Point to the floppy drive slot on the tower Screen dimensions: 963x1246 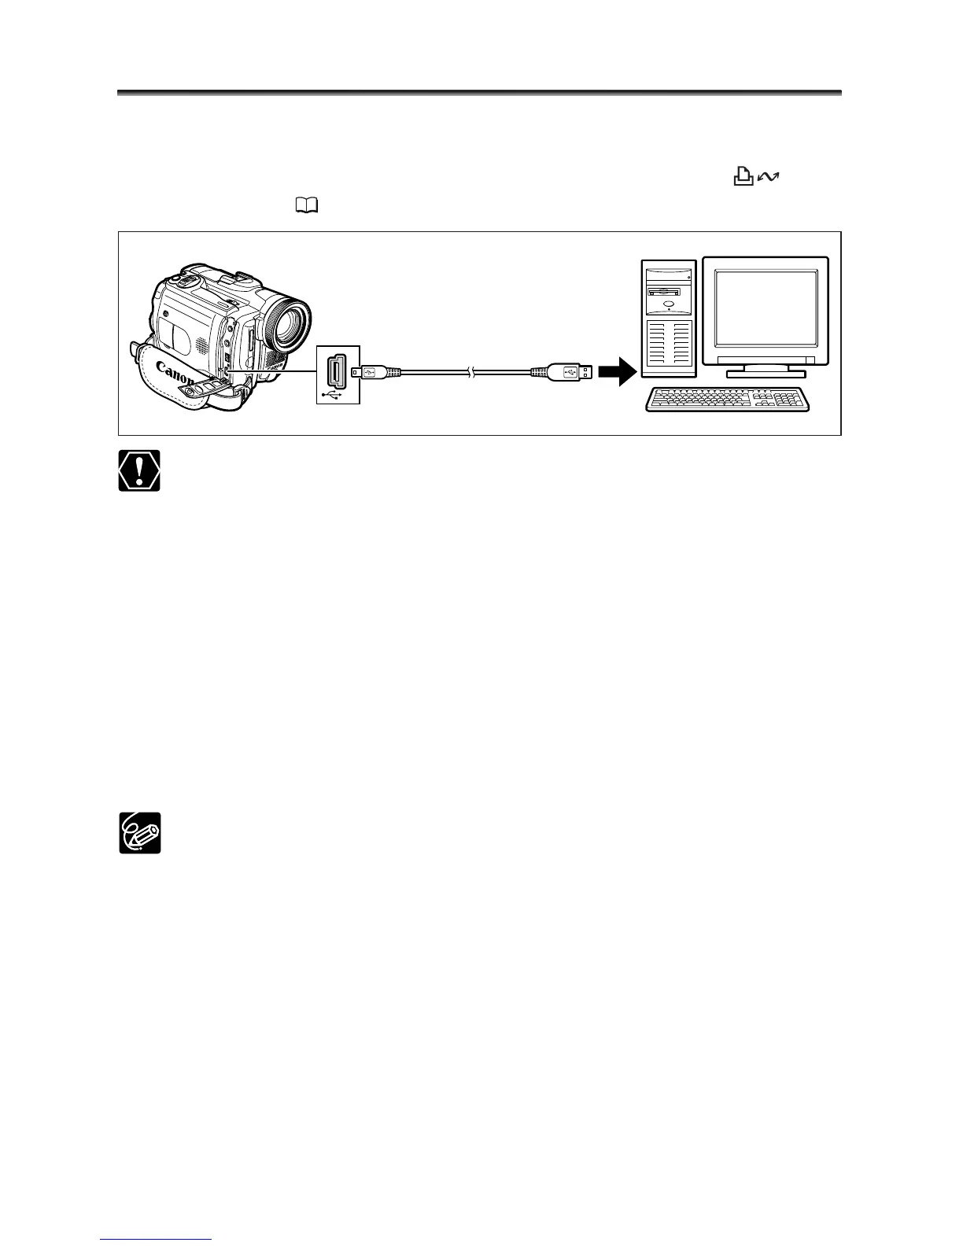coord(668,291)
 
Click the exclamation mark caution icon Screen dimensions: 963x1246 coord(139,470)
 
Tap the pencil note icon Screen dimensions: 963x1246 coord(139,832)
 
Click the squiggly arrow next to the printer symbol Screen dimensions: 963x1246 coord(767,180)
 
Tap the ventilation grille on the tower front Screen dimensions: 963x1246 coord(669,346)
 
